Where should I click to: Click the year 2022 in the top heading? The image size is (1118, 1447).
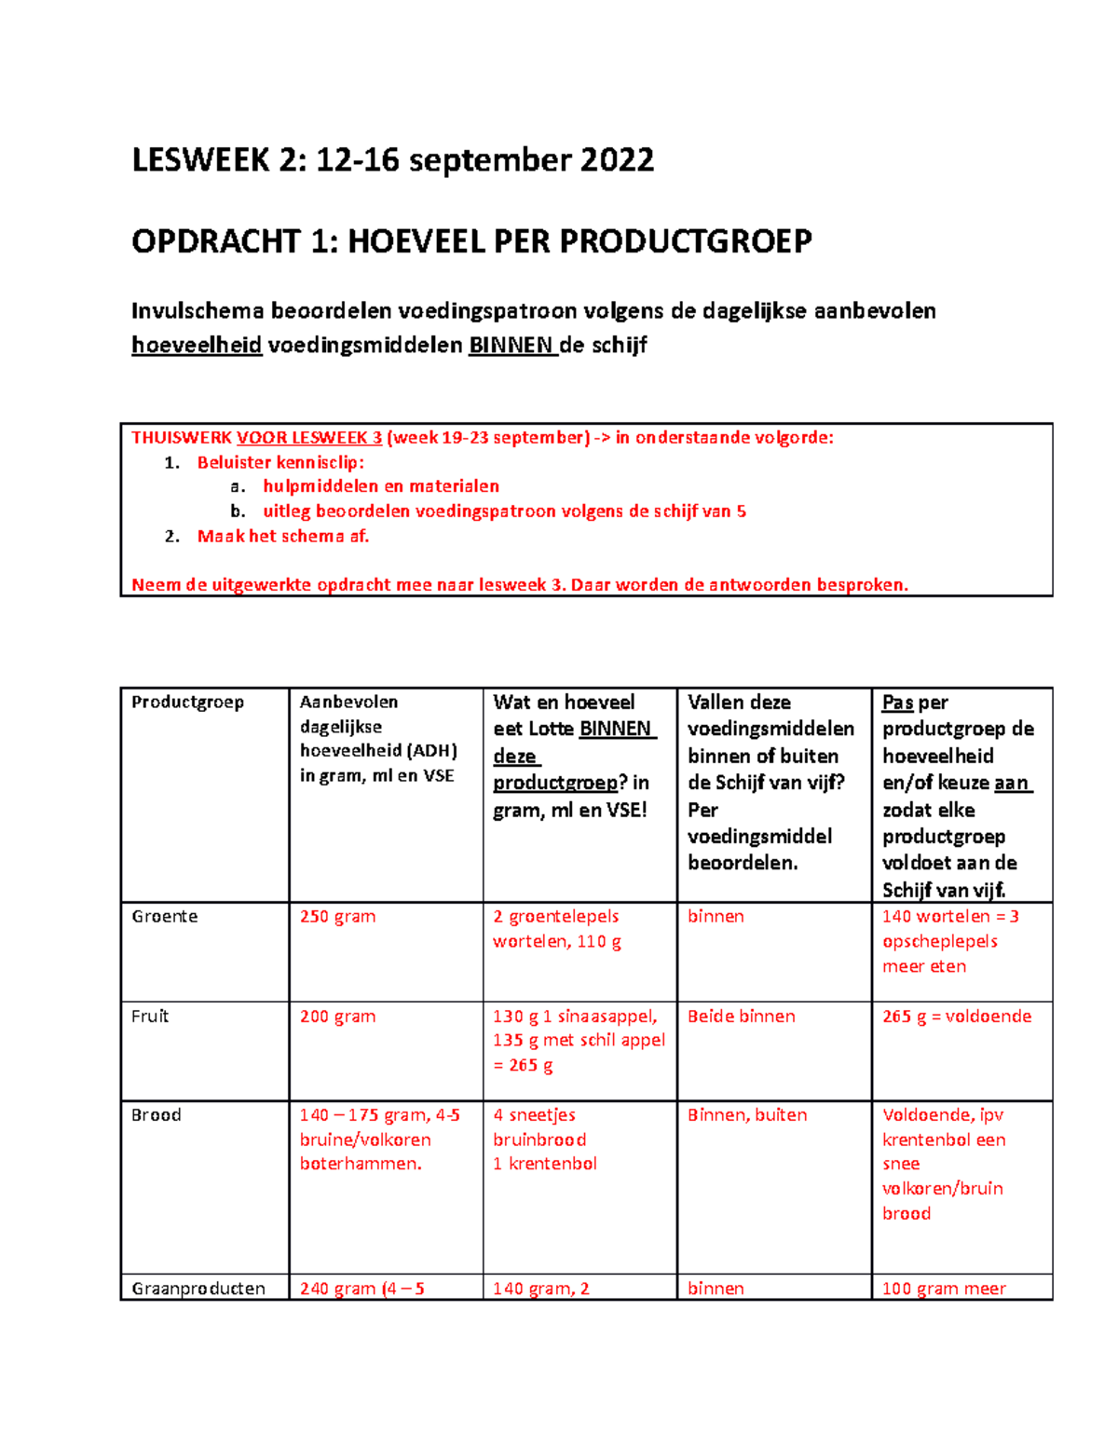tap(617, 160)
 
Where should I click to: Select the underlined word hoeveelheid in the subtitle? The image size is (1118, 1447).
tap(197, 346)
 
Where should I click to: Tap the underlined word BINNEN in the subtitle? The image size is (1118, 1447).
tap(511, 346)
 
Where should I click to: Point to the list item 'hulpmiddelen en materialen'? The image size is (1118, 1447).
tap(380, 486)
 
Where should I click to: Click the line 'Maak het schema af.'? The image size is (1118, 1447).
tap(282, 537)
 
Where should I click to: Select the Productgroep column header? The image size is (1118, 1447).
tap(187, 703)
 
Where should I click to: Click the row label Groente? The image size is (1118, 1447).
tap(165, 917)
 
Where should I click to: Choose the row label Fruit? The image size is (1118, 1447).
tap(150, 1017)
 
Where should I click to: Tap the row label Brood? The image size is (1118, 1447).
tap(156, 1115)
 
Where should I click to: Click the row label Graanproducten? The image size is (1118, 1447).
tap(198, 1289)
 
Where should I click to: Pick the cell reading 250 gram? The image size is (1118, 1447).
tap(337, 917)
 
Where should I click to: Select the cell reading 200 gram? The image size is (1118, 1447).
tap(337, 1017)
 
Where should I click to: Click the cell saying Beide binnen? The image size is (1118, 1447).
tap(741, 1017)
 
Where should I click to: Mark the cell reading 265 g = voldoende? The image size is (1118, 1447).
tap(956, 1017)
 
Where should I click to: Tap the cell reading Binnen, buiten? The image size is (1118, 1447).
tap(746, 1115)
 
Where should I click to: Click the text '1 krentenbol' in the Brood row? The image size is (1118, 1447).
tap(544, 1164)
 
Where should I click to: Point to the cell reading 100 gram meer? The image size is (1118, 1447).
tap(943, 1289)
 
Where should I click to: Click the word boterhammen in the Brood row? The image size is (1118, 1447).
tap(360, 1164)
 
